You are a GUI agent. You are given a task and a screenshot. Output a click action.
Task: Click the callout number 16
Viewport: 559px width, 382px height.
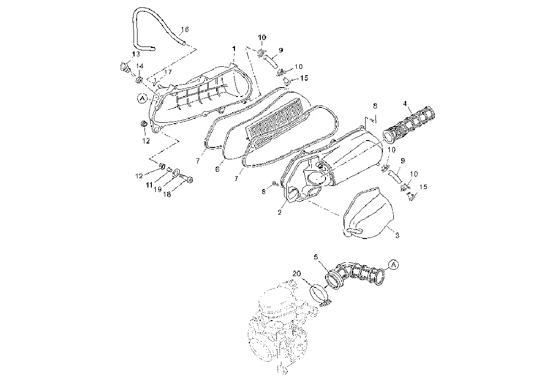pyautogui.click(x=185, y=30)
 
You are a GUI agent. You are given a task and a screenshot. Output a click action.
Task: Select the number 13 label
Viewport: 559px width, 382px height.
pyautogui.click(x=136, y=53)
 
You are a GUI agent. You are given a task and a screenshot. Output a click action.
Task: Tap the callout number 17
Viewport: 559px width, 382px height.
pyautogui.click(x=168, y=72)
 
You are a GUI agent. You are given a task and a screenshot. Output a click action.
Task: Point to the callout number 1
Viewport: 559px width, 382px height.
pyautogui.click(x=233, y=48)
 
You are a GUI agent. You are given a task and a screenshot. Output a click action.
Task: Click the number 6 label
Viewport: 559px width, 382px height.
pyautogui.click(x=217, y=169)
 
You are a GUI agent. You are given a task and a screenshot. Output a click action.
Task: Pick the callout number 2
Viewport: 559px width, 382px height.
pyautogui.click(x=279, y=212)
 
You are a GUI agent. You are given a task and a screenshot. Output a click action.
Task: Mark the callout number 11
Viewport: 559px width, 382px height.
pyautogui.click(x=149, y=185)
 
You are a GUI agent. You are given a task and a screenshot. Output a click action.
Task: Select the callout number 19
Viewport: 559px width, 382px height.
pyautogui.click(x=157, y=190)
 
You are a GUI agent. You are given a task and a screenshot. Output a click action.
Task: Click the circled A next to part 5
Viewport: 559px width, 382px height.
pyautogui.click(x=393, y=265)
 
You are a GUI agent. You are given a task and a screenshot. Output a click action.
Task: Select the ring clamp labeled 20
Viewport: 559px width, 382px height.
pyautogui.click(x=321, y=294)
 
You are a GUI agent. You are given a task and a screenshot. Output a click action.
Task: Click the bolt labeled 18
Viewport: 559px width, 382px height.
pyautogui.click(x=186, y=178)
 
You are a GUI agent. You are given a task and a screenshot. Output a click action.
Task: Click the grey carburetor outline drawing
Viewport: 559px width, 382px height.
pyautogui.click(x=277, y=327)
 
